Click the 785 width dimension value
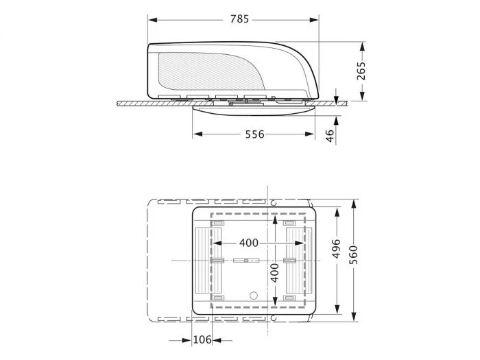[239, 19]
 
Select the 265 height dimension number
[361, 71]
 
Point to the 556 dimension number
[254, 134]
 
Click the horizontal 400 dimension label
[249, 243]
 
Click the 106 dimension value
[201, 339]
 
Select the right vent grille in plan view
[296, 260]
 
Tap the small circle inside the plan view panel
[252, 296]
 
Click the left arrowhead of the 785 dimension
[152, 19]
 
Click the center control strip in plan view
[245, 261]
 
